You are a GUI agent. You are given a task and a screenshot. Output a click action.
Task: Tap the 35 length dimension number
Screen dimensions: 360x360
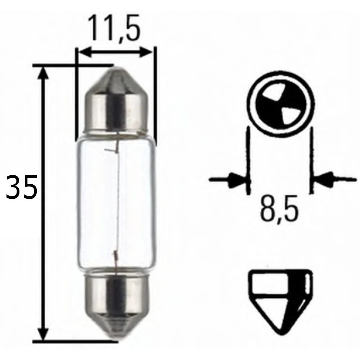tap(22, 188)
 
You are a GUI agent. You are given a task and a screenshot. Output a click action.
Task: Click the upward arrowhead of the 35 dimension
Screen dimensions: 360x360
tap(43, 74)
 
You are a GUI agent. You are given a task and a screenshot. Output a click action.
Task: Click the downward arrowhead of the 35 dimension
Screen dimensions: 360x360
tap(43, 333)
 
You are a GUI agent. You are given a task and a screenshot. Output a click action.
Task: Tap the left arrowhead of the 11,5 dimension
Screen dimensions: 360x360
tap(84, 53)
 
